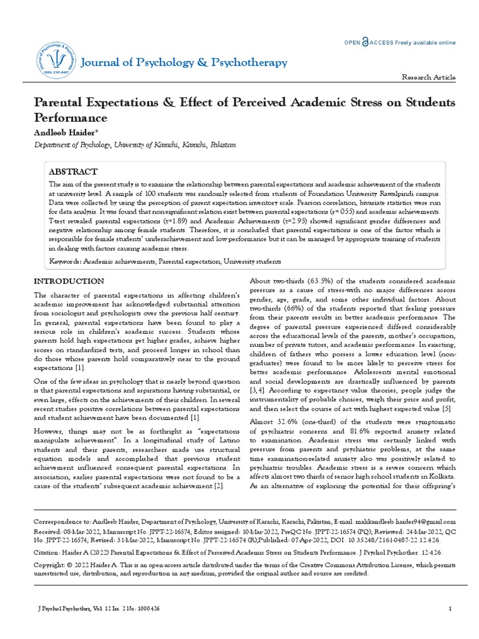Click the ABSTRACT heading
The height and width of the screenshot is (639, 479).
(x=74, y=172)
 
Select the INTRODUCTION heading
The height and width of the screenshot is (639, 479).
(x=69, y=281)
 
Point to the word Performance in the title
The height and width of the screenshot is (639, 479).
(x=70, y=117)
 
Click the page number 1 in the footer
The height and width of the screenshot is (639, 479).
(x=450, y=608)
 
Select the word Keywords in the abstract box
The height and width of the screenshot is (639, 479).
(x=64, y=261)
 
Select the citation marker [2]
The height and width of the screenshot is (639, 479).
(x=218, y=485)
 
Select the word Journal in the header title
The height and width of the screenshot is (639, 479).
(x=103, y=62)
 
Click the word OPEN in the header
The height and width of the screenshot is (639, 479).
(x=353, y=42)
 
